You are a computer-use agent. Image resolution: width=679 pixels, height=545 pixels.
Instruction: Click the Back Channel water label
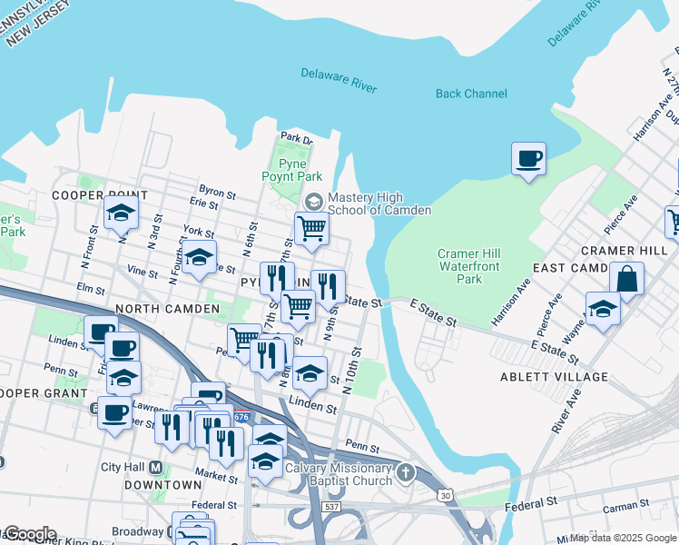pos(471,94)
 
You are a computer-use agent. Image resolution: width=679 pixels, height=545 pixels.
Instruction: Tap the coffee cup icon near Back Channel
pos(528,160)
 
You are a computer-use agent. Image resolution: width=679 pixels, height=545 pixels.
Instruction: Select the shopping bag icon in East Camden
pos(627,279)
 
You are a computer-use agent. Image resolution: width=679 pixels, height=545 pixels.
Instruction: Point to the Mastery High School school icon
pos(314,201)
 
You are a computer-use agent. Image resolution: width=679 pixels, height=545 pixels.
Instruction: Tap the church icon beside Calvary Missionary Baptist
pos(406,472)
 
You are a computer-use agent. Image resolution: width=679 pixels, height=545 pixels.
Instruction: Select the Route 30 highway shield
pos(445,495)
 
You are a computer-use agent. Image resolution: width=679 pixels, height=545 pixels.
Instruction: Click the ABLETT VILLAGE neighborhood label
pos(554,376)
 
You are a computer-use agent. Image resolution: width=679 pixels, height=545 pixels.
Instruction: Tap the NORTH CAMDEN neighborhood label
pos(167,309)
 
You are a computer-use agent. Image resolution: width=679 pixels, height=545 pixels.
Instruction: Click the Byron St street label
pos(218,194)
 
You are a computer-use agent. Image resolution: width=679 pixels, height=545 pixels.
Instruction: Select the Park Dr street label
pos(296,138)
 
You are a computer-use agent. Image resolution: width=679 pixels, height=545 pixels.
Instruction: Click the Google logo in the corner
pos(29,534)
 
